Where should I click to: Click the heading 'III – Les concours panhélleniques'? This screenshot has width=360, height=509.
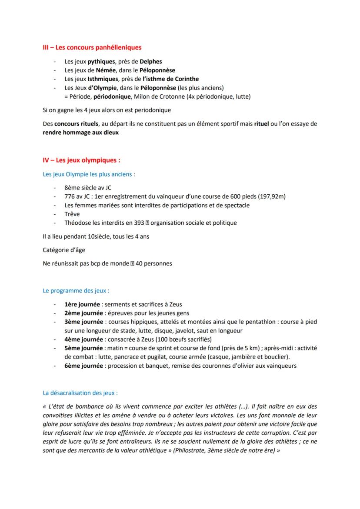point(92,47)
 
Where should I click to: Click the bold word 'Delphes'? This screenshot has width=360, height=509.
point(151,61)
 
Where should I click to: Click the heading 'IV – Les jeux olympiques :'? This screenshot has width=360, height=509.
point(81,160)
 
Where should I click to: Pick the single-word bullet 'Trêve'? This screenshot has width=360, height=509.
point(72,214)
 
